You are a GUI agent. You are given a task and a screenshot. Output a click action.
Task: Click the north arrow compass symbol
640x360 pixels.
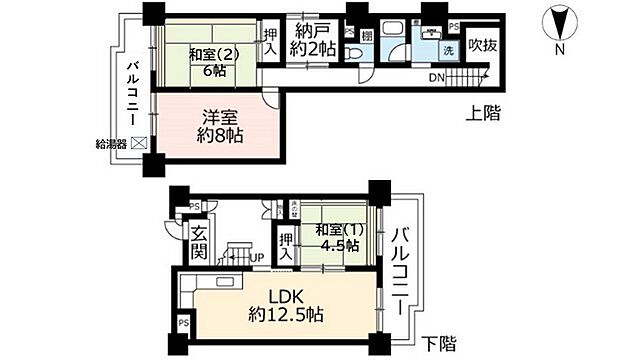pyautogui.click(x=561, y=19)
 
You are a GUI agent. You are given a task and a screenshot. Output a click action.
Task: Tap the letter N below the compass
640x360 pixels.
pyautogui.click(x=561, y=47)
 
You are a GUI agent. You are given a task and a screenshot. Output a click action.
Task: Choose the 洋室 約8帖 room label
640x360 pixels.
pyautogui.click(x=218, y=125)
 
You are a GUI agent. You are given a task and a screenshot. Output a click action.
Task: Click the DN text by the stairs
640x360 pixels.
pyautogui.click(x=438, y=77)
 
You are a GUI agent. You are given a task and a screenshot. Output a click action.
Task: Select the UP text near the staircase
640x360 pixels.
pyautogui.click(x=256, y=257)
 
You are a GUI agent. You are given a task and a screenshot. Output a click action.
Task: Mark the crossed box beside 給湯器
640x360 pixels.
pyautogui.click(x=139, y=143)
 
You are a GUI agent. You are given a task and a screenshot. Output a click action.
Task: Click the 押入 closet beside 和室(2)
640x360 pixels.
pyautogui.click(x=270, y=40)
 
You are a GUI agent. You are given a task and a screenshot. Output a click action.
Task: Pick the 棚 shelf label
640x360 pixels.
pyautogui.click(x=367, y=36)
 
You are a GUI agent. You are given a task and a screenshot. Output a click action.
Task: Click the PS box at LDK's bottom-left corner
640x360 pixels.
pyautogui.click(x=182, y=324)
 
